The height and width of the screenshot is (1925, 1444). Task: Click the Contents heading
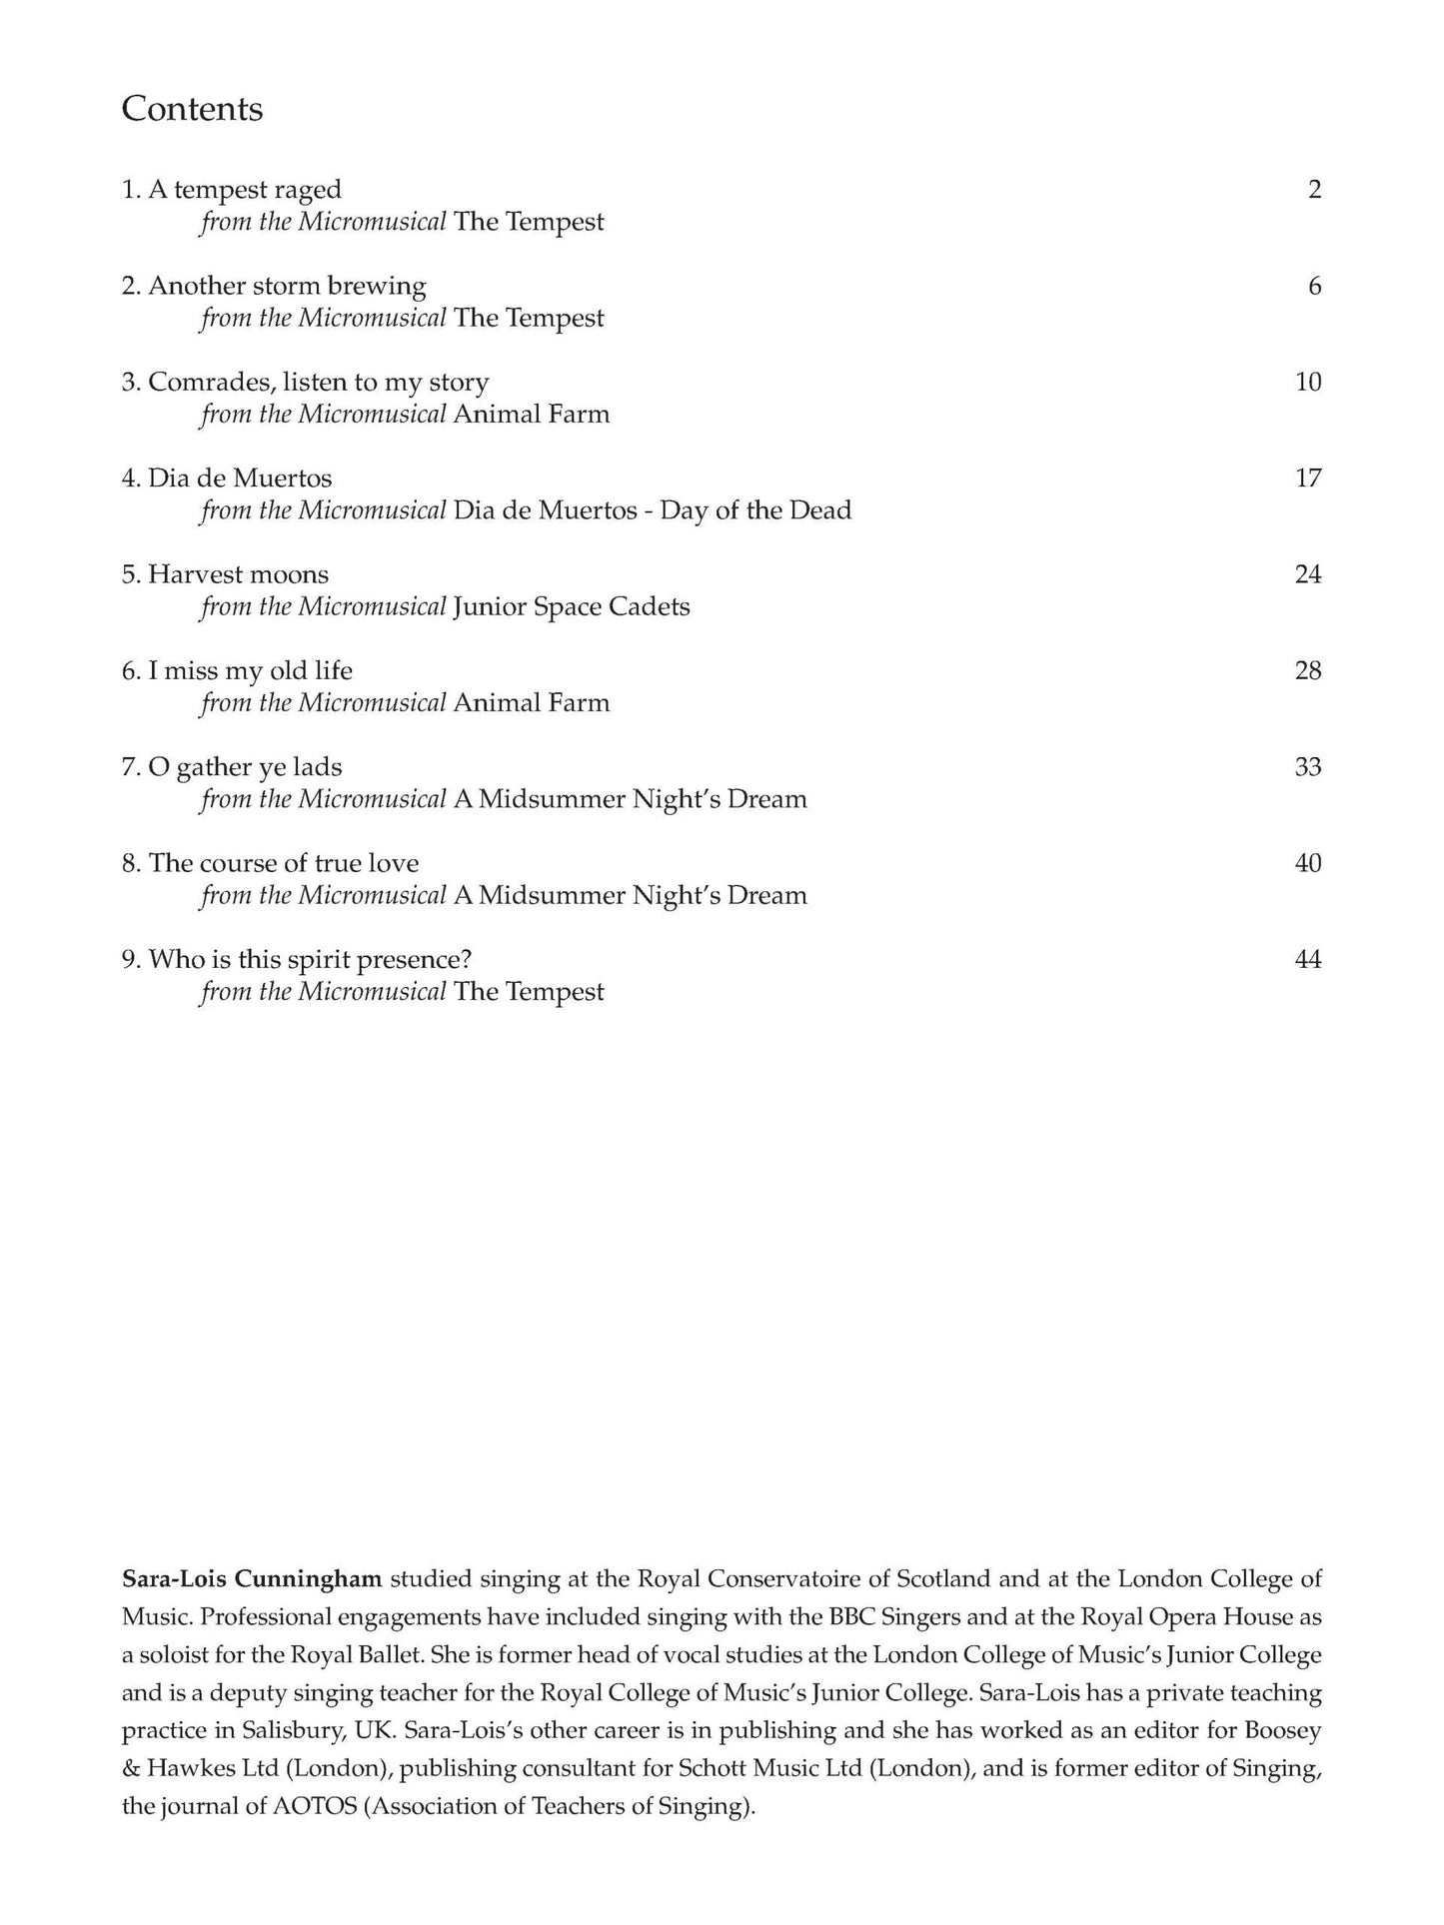pos(192,109)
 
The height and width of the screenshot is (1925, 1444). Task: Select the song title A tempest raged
pos(231,190)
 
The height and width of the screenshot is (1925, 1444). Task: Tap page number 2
pos(1314,190)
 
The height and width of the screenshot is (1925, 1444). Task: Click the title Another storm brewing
pos(273,286)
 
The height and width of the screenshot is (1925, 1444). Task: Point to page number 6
pos(1314,286)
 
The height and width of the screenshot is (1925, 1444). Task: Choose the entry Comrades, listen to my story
pos(305,383)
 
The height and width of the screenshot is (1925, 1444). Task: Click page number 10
pos(1307,383)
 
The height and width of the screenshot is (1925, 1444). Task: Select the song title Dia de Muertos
pos(227,479)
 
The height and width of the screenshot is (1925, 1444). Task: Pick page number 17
pos(1307,479)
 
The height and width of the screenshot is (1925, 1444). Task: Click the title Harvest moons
pos(225,574)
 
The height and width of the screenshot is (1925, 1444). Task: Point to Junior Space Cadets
pos(572,606)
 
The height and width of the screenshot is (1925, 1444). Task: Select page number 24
pos(1307,574)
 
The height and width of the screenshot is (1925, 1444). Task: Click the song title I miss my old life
pos(237,670)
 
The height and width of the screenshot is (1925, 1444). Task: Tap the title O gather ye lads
pos(232,767)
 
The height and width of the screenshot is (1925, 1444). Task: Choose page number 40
pos(1307,863)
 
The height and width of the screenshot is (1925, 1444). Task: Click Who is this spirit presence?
pos(297,960)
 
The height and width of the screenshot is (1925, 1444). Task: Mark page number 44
pos(1307,960)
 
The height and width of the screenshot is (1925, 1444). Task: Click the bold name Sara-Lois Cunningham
pos(252,1579)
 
